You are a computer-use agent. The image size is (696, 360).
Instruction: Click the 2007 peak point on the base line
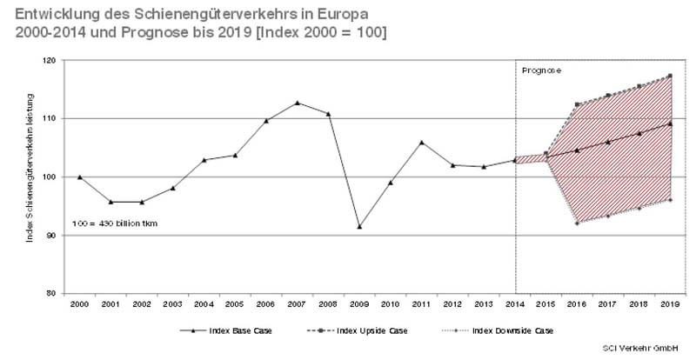click(298, 103)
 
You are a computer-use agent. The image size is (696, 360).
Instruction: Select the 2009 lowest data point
click(359, 227)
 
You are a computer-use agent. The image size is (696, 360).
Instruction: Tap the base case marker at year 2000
click(80, 177)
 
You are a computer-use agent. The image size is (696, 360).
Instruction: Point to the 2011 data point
click(421, 143)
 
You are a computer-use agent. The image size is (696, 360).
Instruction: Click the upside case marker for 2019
click(669, 76)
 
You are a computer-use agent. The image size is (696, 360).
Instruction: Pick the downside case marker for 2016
click(576, 223)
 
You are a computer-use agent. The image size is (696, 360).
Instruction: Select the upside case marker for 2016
click(576, 104)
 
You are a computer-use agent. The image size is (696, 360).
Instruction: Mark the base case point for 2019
click(669, 123)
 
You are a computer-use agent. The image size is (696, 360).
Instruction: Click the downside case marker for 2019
click(669, 200)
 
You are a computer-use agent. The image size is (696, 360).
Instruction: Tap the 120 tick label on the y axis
click(50, 61)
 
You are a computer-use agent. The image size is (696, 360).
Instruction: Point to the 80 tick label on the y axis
click(52, 293)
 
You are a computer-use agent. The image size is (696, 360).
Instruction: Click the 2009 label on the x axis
click(359, 303)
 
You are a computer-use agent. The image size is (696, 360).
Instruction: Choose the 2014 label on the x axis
click(514, 303)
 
